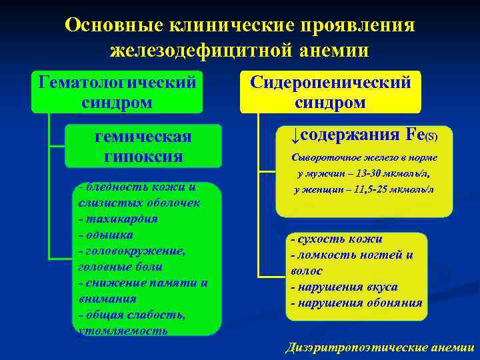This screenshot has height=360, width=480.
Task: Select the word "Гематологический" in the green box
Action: [117, 82]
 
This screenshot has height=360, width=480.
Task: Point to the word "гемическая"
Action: [144, 137]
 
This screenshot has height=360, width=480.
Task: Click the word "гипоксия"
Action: [144, 157]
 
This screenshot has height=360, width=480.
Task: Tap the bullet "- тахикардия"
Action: [117, 219]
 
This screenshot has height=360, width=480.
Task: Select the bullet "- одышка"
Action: [105, 235]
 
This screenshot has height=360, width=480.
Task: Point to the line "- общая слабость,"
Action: [131, 315]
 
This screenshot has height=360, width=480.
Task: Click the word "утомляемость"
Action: [123, 331]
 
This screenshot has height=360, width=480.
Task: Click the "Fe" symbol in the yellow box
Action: [415, 135]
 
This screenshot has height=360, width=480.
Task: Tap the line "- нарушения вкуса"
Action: [344, 287]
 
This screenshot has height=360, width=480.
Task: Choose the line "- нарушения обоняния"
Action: [356, 303]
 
